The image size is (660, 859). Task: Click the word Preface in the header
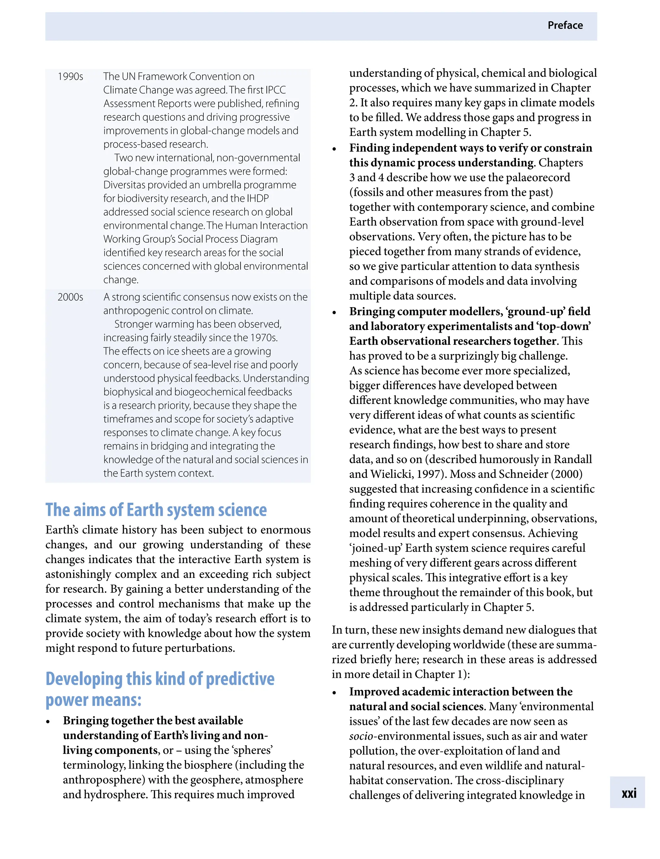[565, 25]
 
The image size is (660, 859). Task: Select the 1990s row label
[70, 76]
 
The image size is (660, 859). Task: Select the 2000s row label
[70, 297]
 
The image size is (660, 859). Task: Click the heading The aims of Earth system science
[156, 510]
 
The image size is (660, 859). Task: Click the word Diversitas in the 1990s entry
[123, 185]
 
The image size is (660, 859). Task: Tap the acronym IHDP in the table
[258, 199]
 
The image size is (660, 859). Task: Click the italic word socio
[361, 736]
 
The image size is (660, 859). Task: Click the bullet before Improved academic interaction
[334, 693]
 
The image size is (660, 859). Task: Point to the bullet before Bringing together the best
[48, 721]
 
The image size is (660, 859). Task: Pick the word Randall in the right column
[572, 459]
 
